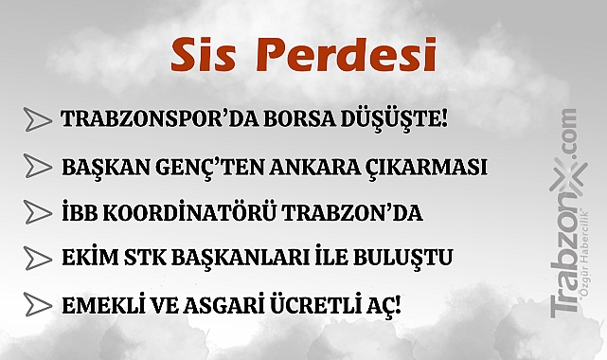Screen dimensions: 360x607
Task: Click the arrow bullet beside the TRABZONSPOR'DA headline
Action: (x=37, y=119)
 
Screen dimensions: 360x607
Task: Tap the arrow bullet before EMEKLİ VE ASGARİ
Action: (x=37, y=305)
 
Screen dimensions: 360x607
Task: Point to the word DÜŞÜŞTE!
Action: (x=388, y=120)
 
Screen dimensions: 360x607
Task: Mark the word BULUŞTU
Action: (x=394, y=259)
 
